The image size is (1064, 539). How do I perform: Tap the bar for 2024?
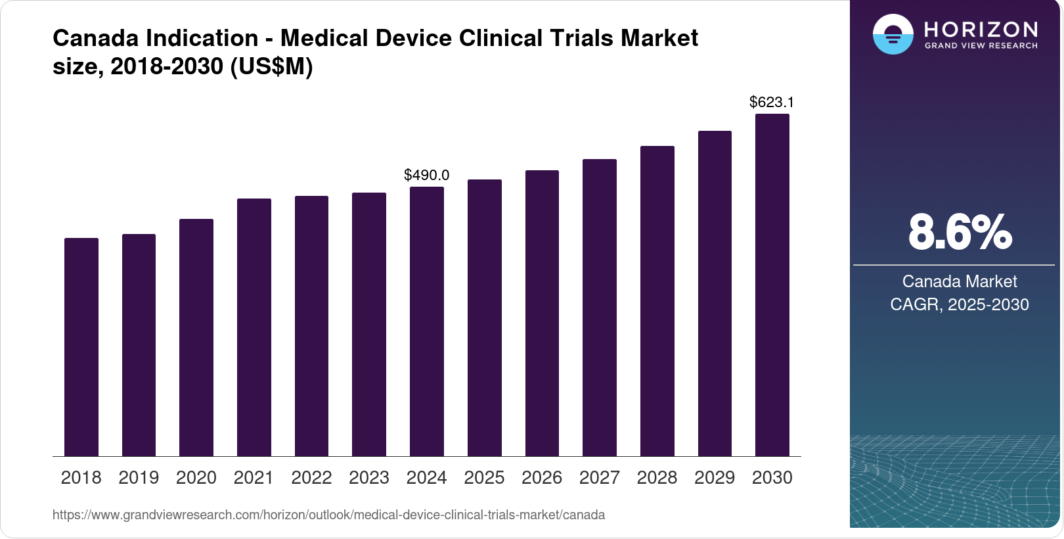tap(427, 321)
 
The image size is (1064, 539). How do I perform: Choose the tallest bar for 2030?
tap(772, 285)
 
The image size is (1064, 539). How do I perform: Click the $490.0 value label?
tap(427, 175)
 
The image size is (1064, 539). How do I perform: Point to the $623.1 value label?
tap(772, 102)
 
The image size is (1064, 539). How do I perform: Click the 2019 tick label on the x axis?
tap(139, 478)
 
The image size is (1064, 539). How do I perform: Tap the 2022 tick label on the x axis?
tap(311, 478)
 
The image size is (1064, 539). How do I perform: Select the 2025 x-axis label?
tap(484, 478)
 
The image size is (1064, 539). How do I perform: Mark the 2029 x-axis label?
tap(715, 478)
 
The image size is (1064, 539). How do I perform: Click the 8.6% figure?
tap(960, 232)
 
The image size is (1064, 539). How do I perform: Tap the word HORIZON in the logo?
tap(981, 30)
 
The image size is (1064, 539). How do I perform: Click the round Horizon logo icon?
tap(893, 34)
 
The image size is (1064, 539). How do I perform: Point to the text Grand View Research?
tap(981, 46)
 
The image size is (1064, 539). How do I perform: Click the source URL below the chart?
tap(328, 515)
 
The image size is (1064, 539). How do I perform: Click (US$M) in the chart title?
tap(271, 66)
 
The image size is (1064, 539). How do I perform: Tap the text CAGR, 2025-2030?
tap(960, 304)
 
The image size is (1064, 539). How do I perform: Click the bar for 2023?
tap(369, 325)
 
